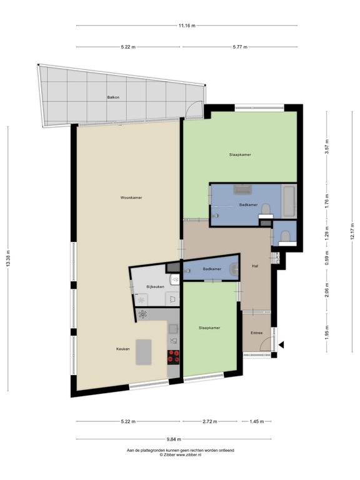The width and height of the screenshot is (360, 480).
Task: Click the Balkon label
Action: tap(113, 97)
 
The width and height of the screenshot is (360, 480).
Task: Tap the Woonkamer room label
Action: tap(131, 197)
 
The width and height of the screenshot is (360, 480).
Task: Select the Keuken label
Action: tap(122, 349)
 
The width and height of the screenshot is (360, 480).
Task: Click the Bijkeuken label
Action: tap(155, 287)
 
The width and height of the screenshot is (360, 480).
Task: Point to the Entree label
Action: tap(256, 332)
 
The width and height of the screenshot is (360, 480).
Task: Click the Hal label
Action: tap(255, 266)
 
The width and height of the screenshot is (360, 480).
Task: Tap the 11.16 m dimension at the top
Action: tap(187, 26)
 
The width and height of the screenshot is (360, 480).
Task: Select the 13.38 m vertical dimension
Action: tap(8, 259)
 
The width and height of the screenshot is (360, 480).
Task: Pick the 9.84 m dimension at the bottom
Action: tap(174, 439)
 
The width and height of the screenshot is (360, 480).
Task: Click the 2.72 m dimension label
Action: tap(210, 421)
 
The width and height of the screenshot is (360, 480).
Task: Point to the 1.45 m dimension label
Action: tap(256, 421)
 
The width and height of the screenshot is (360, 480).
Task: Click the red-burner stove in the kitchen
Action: tap(174, 357)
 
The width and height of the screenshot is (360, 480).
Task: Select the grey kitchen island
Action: tap(144, 352)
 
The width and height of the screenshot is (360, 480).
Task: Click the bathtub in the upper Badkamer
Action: tap(289, 201)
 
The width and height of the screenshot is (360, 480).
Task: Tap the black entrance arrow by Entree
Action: tap(281, 345)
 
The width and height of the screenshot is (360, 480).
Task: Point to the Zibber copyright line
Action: tap(180, 455)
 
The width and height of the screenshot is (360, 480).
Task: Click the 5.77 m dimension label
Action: tap(240, 47)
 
